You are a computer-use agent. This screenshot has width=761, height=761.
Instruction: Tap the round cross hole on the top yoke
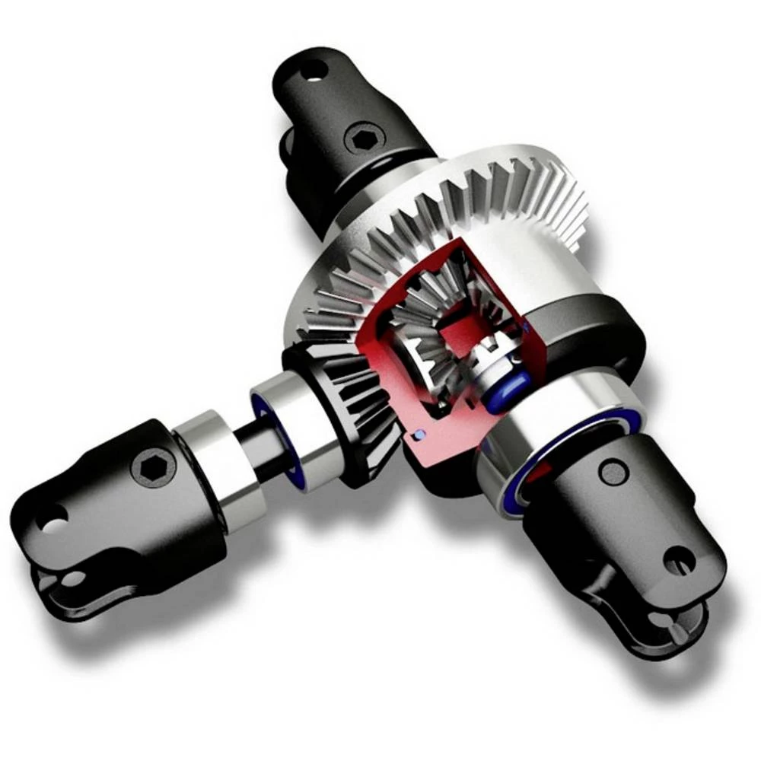click(312, 72)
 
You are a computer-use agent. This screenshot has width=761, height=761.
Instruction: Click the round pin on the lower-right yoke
click(613, 472)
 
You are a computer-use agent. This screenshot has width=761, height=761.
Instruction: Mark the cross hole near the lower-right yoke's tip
click(679, 561)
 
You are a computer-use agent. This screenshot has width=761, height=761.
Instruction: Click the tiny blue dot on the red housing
click(417, 435)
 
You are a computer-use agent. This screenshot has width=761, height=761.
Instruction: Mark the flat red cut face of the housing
click(441, 449)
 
